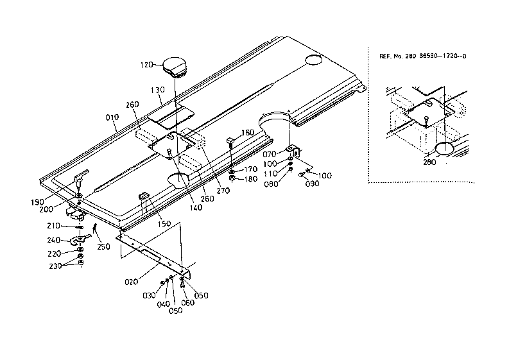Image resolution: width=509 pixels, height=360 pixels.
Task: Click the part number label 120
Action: click(147, 65)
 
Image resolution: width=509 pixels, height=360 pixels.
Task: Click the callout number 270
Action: click(223, 190)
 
